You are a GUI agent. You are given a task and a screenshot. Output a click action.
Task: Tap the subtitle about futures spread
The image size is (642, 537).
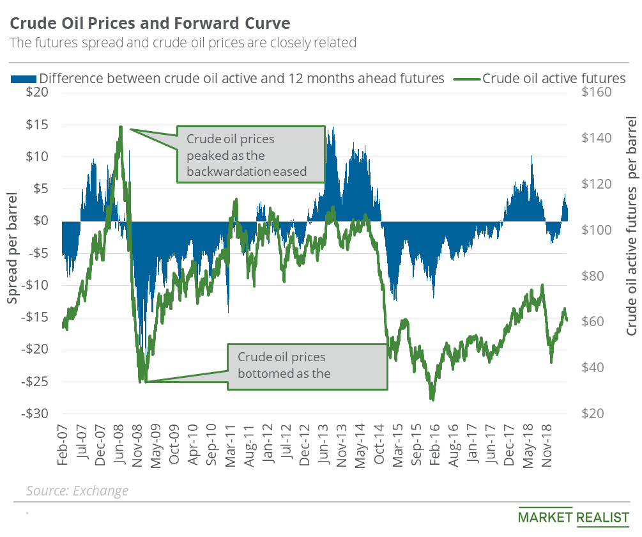click(182, 43)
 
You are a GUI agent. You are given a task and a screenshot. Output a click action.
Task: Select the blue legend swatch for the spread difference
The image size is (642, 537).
click(23, 79)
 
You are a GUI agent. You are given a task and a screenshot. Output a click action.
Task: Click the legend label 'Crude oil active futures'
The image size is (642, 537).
click(554, 79)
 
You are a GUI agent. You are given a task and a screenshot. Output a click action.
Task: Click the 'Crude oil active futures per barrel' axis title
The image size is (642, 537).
click(631, 226)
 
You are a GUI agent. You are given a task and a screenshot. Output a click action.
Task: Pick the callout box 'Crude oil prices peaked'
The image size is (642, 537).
click(250, 154)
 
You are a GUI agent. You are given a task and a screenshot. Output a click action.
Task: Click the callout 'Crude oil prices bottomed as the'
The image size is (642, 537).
click(307, 365)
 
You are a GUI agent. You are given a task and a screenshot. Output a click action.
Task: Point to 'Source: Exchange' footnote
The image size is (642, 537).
click(77, 490)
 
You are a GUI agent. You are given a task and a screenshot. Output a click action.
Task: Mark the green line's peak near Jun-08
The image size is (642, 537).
click(121, 127)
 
